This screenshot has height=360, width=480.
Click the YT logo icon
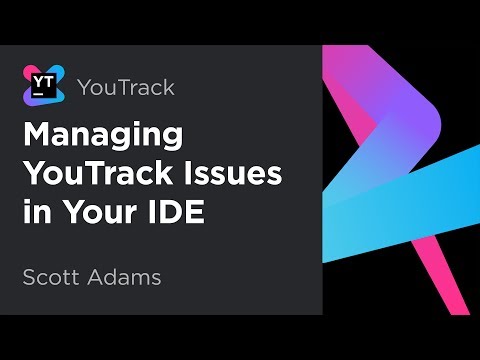point(42,84)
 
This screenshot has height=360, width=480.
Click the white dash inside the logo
point(37,95)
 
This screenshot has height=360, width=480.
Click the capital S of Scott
point(29,276)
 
